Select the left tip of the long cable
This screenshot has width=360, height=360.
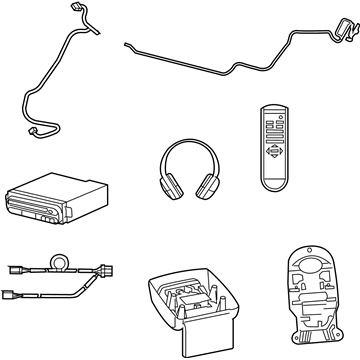pyautogui.click(x=127, y=43)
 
